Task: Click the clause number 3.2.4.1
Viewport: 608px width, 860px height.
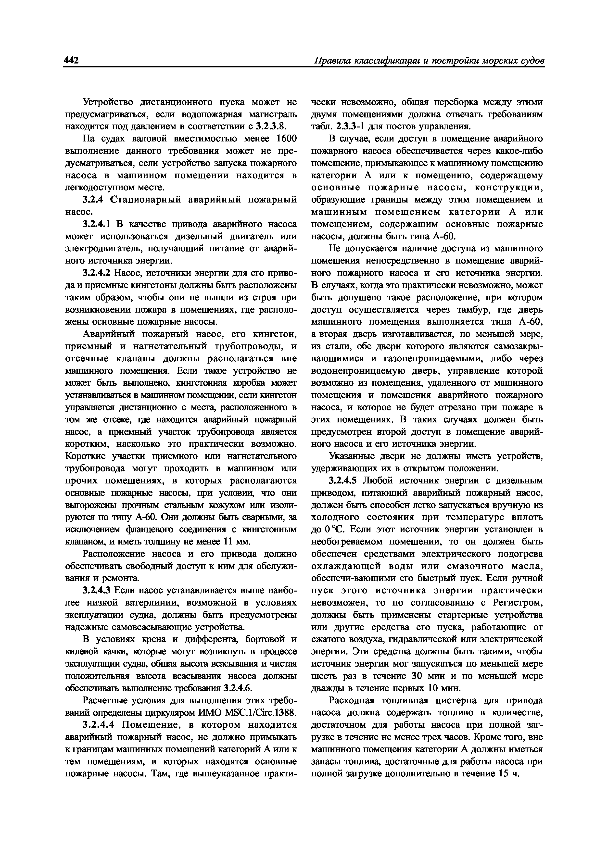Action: point(96,224)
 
